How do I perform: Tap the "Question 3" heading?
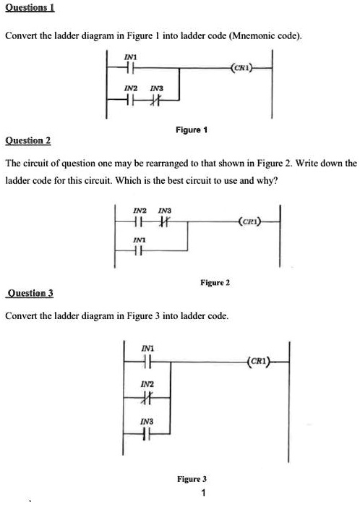(x=31, y=294)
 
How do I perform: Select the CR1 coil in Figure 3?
(x=259, y=360)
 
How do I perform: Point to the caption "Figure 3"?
(x=192, y=479)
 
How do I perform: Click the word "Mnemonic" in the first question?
(x=252, y=35)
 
